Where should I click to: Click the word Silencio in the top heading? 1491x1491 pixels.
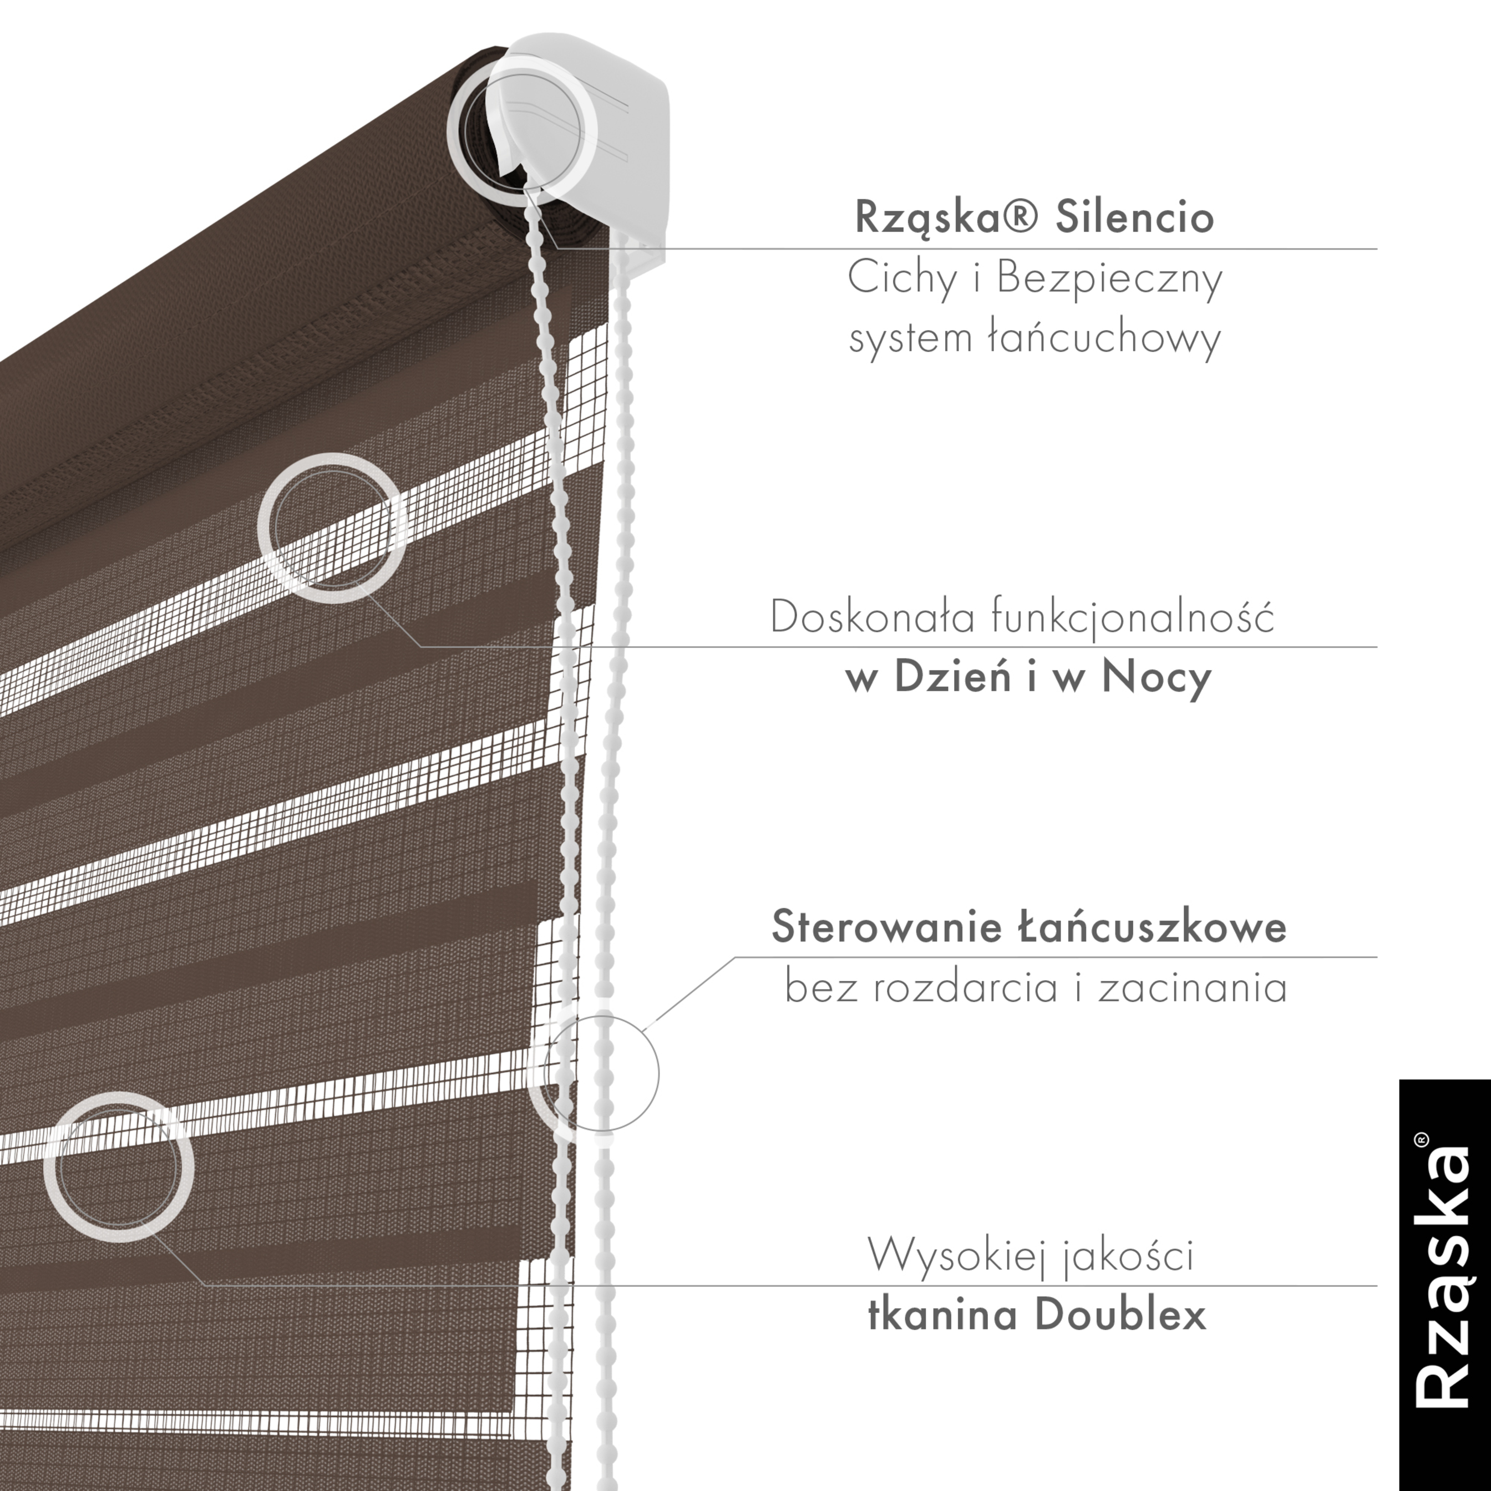tap(1135, 217)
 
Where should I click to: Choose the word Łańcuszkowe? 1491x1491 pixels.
tap(1152, 926)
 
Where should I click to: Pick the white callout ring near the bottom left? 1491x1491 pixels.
tap(118, 1167)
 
